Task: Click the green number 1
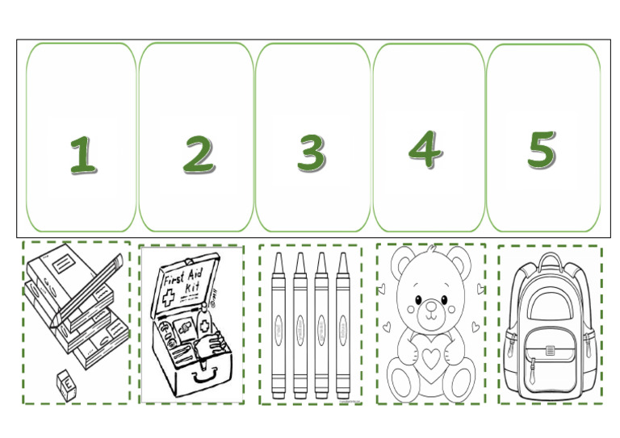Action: [x=82, y=155]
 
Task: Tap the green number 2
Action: [x=198, y=153]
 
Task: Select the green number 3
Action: [x=311, y=152]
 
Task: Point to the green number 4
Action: [x=425, y=148]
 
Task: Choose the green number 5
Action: [x=542, y=149]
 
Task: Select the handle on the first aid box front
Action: [x=207, y=373]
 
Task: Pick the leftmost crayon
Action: [x=279, y=323]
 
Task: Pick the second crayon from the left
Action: [x=300, y=323]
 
